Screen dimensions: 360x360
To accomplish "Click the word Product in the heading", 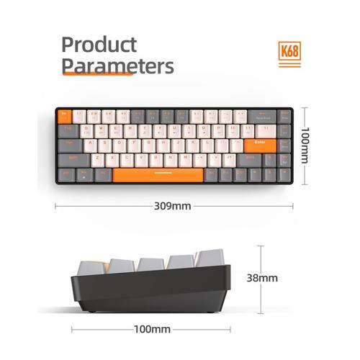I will pyautogui.click(x=99, y=45).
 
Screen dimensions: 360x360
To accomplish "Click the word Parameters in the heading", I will pyautogui.click(x=117, y=66).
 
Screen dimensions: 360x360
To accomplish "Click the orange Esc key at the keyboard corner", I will pyautogui.click(x=63, y=115).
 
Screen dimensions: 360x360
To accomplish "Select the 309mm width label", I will pyautogui.click(x=173, y=205).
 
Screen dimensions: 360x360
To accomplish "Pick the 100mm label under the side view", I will pyautogui.click(x=152, y=330).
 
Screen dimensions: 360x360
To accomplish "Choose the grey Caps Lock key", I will pyautogui.click(x=69, y=144).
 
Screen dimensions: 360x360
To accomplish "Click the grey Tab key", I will pyautogui.click(x=66, y=130).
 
